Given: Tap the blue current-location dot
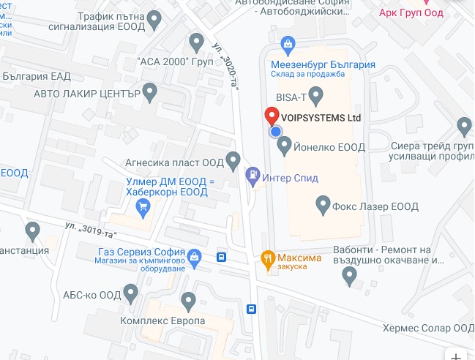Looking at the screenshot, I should point(276,132).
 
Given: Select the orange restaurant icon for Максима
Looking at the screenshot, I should point(268,258).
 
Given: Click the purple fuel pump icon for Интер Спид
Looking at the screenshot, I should point(253,176).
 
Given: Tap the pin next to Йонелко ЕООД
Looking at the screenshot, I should point(285,146).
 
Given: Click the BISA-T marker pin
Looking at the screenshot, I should point(316,94).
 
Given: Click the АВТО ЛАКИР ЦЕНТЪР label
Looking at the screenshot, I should point(86,94).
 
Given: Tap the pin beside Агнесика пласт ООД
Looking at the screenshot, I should point(233,159).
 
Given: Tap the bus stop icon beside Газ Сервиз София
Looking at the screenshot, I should point(221,257).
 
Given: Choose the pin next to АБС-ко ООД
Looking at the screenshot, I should point(132,294).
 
